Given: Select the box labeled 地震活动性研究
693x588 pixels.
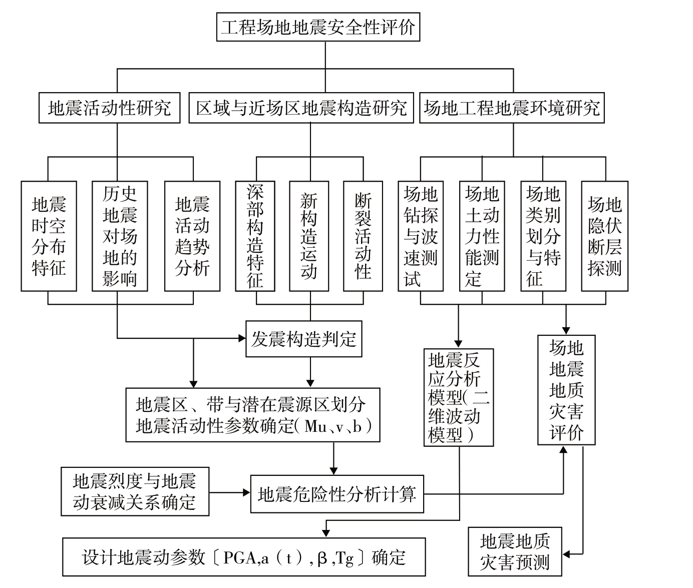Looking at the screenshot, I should coord(109,108).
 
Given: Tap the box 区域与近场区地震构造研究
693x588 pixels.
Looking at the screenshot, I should coord(301,108).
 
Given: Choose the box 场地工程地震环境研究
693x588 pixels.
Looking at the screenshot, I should coord(511,108).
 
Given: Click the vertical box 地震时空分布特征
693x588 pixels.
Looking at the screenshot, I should coord(49,236).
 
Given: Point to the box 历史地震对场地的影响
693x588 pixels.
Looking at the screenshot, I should coord(120,236).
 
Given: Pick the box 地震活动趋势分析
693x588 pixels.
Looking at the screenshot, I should coord(192,236).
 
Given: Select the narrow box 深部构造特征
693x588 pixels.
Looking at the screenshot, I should coord(255,236).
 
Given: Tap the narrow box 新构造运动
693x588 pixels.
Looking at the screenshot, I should coord(309,236).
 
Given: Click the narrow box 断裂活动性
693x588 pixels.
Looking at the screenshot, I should coord(363,236).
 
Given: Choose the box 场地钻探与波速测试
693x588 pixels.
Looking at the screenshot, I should coord(421,236).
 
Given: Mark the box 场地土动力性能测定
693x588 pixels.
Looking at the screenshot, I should coord(482,236).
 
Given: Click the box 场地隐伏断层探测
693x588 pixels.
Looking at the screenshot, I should coord(604,236).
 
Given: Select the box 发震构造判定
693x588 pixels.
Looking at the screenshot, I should coord(303,339).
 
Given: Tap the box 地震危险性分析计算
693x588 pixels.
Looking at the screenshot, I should coord(336,494).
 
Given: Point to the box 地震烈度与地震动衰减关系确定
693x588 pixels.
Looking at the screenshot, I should coord(135,491).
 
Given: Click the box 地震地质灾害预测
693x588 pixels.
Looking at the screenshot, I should coord(515,551).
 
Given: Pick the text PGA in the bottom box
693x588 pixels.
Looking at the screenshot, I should coord(239,557).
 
